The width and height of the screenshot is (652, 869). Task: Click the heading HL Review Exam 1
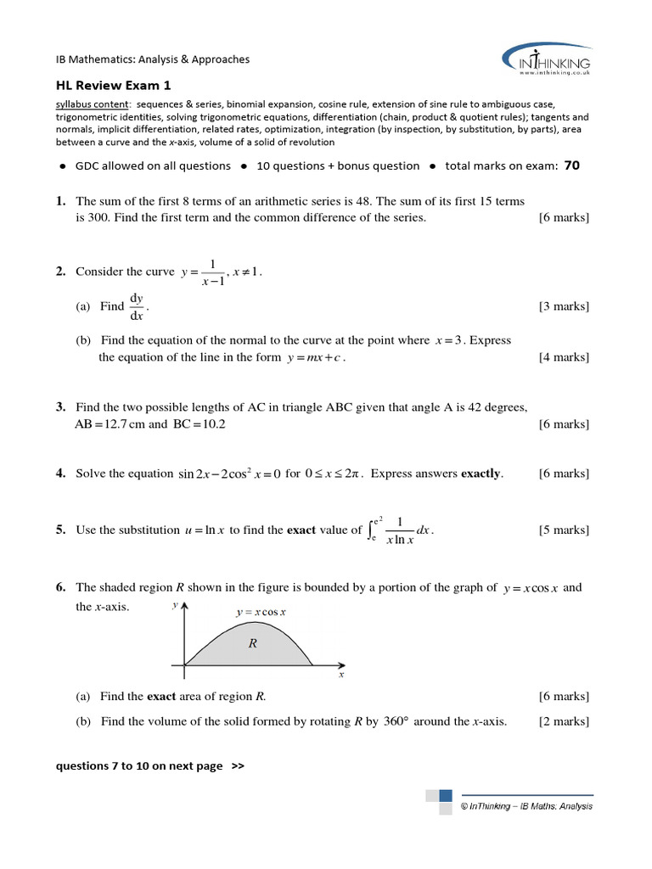click(113, 85)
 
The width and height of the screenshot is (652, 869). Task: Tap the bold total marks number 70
click(571, 165)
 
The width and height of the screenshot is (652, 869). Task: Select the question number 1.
click(60, 202)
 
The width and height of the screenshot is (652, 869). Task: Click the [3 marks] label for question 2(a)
click(563, 306)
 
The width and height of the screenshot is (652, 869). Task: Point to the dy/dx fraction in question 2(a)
click(137, 306)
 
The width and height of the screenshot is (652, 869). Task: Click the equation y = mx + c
click(314, 357)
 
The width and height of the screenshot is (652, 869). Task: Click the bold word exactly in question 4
click(481, 474)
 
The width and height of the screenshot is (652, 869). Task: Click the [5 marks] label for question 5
click(563, 530)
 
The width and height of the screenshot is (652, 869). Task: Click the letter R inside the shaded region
click(252, 643)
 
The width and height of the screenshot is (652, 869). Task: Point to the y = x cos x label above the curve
click(261, 612)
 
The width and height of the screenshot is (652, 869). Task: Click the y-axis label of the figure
click(175, 605)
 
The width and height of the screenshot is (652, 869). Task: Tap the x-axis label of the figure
click(341, 675)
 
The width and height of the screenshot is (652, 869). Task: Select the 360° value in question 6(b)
click(396, 721)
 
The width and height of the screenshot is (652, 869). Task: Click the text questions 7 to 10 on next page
click(149, 765)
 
